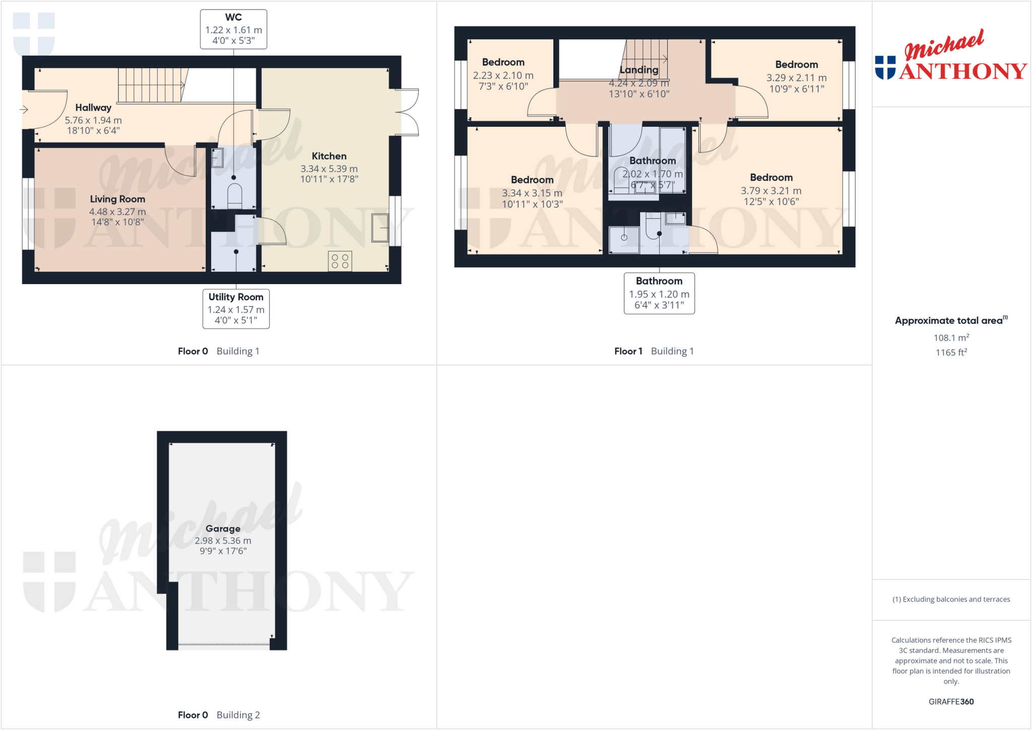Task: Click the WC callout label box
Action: tap(233, 29)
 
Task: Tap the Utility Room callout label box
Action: tap(236, 308)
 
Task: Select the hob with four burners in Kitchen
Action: tap(340, 261)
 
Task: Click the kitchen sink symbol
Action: tap(380, 228)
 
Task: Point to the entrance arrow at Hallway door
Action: tap(24, 109)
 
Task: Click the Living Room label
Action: tap(117, 199)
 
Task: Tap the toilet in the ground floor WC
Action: tap(235, 195)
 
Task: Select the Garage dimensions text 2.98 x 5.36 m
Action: tap(223, 541)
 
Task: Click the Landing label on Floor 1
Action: tap(639, 70)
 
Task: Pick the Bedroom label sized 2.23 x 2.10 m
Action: tap(503, 62)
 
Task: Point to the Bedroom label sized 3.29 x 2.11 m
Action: tap(796, 64)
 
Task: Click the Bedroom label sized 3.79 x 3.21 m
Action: tap(771, 177)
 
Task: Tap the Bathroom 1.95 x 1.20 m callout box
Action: tap(659, 293)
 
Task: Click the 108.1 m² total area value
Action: tap(951, 338)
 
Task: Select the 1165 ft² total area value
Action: tap(951, 352)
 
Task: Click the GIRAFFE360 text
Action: tap(951, 701)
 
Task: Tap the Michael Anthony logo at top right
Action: tap(950, 56)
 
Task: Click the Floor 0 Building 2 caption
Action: tap(219, 714)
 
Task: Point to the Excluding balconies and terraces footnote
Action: tap(951, 599)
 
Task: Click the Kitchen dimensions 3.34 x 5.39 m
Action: tap(329, 169)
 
